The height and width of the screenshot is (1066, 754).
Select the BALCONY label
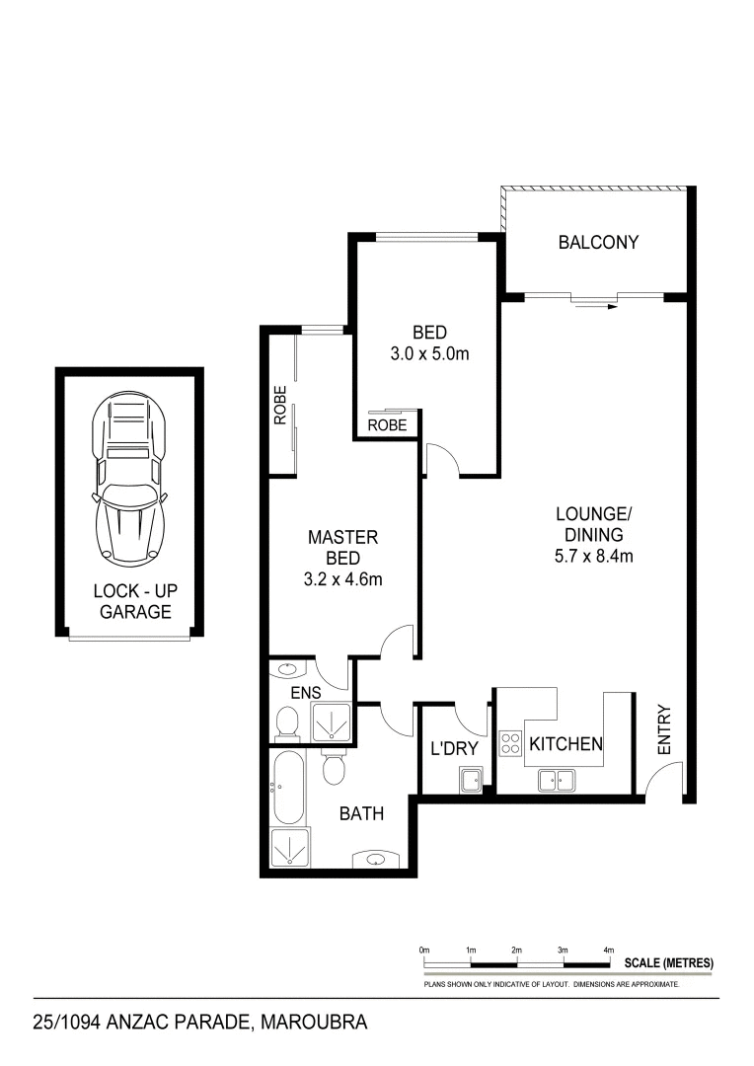point(598,242)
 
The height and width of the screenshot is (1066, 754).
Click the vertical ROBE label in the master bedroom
point(280,405)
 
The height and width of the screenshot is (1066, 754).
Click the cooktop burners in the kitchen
point(510,742)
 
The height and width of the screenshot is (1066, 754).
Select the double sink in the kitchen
point(558,780)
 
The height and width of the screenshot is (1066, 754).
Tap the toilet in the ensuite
point(287,723)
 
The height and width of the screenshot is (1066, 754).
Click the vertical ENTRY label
point(663,729)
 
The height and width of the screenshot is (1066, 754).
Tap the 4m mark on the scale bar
point(608,950)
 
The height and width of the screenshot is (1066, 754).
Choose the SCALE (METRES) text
point(668,962)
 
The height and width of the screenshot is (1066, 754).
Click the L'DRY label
point(453,749)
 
